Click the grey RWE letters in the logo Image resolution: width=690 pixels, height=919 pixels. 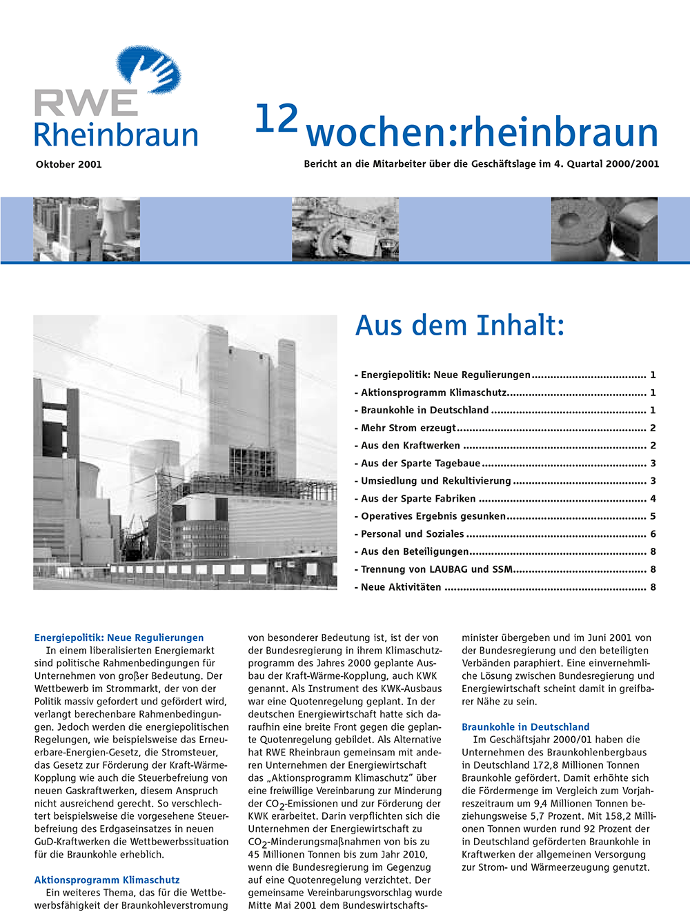[86, 104]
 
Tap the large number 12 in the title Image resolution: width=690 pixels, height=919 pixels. [276, 119]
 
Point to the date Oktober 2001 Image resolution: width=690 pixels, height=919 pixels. [68, 164]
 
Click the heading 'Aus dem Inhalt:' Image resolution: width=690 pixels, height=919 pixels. [460, 325]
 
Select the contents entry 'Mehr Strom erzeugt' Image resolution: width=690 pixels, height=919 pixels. [408, 428]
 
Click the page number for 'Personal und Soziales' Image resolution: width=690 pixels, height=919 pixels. [653, 534]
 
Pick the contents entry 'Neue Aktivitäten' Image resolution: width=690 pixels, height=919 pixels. [401, 587]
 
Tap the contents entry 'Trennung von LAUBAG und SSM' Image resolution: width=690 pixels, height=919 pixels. [437, 569]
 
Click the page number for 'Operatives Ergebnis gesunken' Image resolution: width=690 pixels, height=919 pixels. [653, 516]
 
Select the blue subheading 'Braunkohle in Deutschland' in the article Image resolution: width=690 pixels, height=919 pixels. [525, 727]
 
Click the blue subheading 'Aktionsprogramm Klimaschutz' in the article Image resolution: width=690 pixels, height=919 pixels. [107, 880]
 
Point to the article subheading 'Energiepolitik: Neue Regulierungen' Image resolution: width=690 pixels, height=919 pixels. [119, 638]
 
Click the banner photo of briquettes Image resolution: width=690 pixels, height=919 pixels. [604, 229]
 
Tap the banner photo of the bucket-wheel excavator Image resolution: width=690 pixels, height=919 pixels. [345, 229]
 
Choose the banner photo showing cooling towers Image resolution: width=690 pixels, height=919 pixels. [86, 229]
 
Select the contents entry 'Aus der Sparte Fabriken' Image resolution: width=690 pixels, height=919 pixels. [418, 498]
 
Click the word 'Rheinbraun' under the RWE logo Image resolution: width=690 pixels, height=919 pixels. [116, 135]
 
